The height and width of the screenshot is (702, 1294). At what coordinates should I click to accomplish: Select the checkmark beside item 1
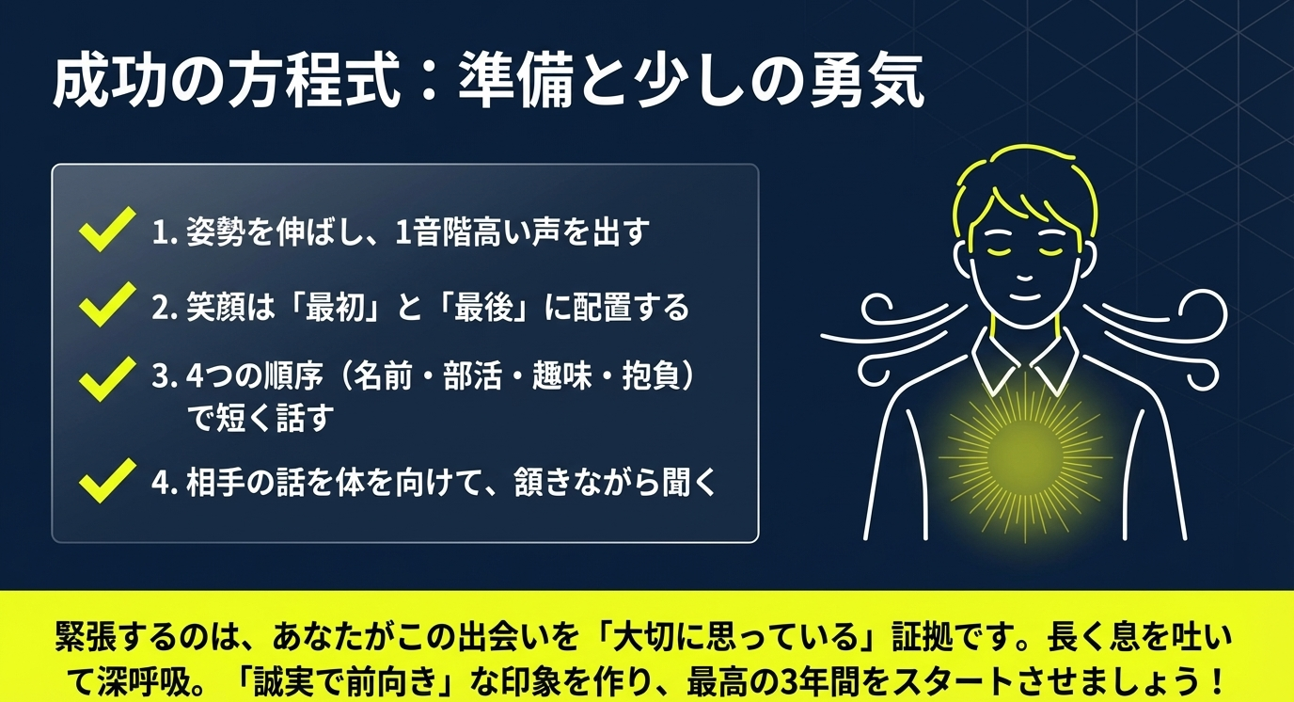pyautogui.click(x=106, y=230)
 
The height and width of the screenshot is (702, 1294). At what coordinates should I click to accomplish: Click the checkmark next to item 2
pyautogui.click(x=106, y=306)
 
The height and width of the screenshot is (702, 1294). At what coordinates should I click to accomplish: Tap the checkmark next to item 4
pyautogui.click(x=106, y=481)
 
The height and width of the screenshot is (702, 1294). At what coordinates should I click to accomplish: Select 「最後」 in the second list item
pyautogui.click(x=490, y=308)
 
